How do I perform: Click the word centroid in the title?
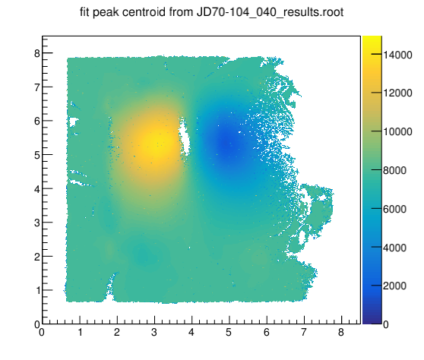pos(144,12)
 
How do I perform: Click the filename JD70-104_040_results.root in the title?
pos(270,12)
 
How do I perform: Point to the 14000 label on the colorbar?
pos(397,55)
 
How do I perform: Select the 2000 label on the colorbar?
pos(394,286)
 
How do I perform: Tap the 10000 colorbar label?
pos(397,131)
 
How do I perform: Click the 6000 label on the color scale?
pos(394,209)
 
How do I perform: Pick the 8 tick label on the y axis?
pos(36,53)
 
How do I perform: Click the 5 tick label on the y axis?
pos(36,155)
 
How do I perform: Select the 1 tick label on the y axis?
pos(37,291)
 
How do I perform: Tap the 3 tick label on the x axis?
pos(154,332)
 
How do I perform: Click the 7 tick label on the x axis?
pos(304,332)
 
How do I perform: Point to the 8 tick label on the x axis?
pos(341,332)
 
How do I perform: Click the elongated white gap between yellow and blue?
pos(185,137)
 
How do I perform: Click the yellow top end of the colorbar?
pos(372,39)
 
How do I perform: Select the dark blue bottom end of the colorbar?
pos(372,321)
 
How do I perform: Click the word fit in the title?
pos(85,12)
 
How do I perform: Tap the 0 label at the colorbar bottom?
pos(386,324)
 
